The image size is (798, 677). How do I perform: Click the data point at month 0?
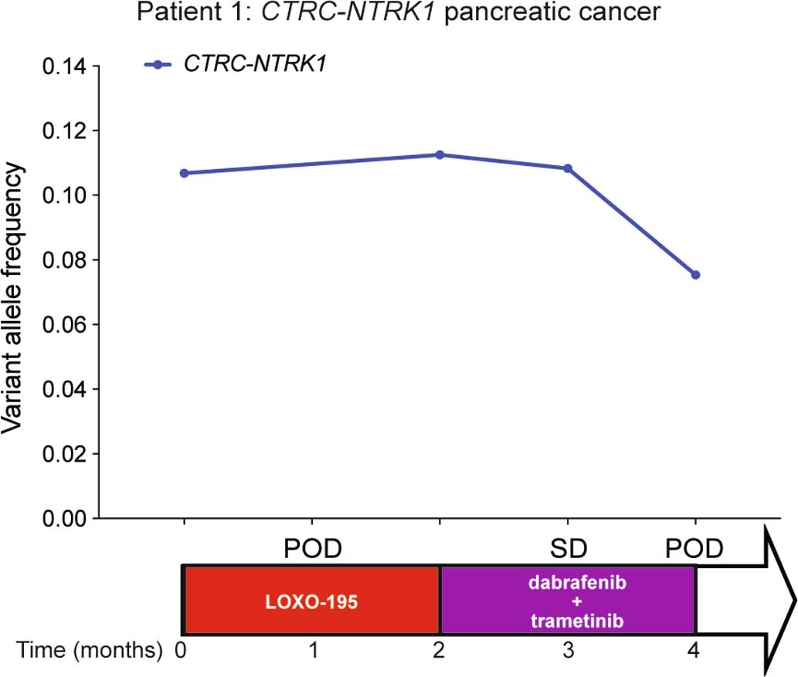(184, 173)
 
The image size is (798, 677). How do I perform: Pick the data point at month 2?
(440, 154)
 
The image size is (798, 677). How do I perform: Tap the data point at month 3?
(568, 168)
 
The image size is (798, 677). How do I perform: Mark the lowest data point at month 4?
(695, 275)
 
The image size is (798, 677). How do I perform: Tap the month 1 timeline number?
(313, 652)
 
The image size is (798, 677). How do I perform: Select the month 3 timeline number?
(568, 652)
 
